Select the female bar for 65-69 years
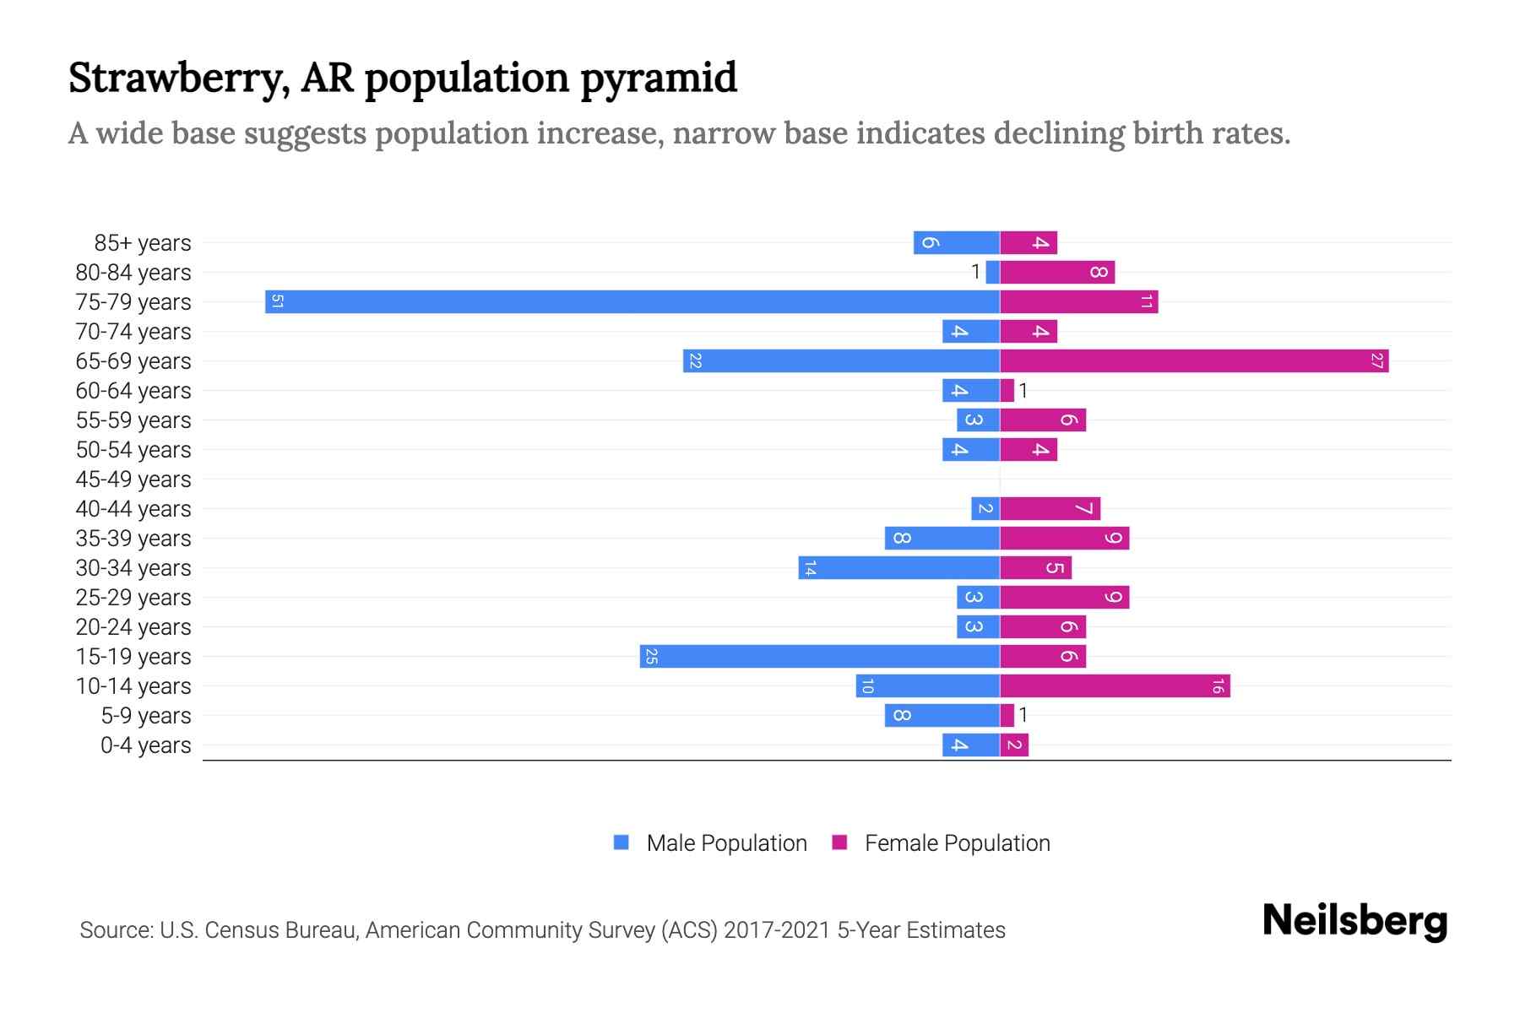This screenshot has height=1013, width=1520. pos(1194,361)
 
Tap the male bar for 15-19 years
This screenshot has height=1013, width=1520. pos(819,657)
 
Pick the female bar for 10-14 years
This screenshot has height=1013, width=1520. pos(1115,686)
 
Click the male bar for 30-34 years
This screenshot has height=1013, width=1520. pos(898,568)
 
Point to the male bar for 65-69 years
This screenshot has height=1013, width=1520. pos(841,361)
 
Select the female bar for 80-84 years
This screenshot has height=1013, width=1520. pos(1057,272)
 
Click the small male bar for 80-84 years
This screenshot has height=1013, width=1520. pos(993,272)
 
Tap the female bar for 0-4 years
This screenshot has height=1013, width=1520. pos(1014,745)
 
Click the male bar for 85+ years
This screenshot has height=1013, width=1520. pos(956,242)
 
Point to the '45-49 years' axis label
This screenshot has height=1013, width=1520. pos(133,479)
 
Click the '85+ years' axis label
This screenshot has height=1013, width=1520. pos(143,243)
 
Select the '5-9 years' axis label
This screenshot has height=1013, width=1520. pos(146,716)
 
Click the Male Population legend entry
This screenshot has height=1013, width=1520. pos(726,843)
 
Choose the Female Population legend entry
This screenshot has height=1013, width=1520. pos(957,843)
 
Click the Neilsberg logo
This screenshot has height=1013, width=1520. pos(1354,921)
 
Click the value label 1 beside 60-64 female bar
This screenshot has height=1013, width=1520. pos(1023,391)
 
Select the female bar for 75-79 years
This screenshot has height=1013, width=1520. pos(1078,301)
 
